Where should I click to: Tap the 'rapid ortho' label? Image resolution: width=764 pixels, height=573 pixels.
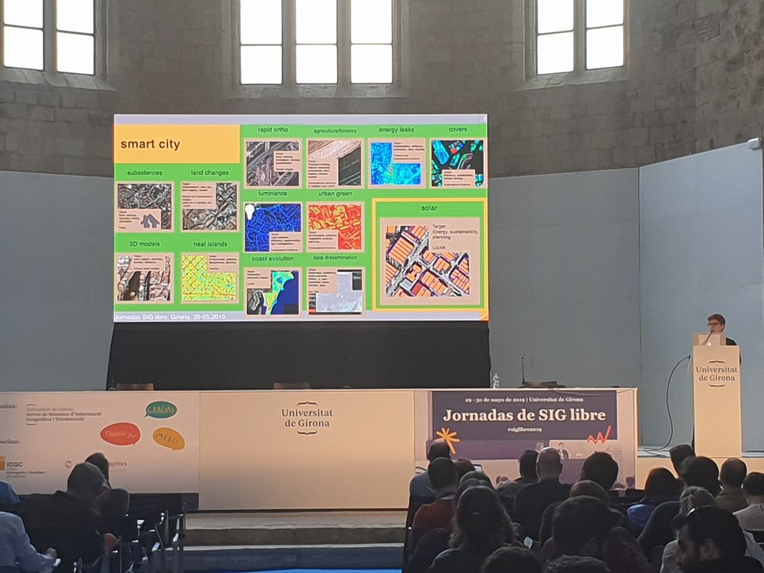click(x=273, y=130)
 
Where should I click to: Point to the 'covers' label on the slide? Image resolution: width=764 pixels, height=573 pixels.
click(x=458, y=129)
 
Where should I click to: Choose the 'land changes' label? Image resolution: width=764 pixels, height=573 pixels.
click(x=209, y=173)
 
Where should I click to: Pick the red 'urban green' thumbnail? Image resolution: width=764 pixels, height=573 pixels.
click(x=335, y=227)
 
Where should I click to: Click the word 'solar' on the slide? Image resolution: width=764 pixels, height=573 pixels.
click(x=429, y=208)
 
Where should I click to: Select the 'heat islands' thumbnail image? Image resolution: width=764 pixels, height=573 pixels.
click(x=209, y=278)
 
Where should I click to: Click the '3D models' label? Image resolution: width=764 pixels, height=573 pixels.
click(x=145, y=244)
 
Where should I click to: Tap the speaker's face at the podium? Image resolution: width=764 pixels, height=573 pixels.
click(x=716, y=323)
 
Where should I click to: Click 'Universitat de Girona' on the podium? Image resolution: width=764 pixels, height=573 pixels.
click(x=716, y=374)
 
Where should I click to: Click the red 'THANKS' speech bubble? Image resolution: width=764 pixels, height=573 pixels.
click(x=120, y=434)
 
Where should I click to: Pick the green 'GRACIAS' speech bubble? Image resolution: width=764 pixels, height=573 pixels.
click(x=160, y=409)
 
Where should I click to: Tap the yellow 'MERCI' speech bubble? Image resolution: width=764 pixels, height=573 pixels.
click(x=169, y=438)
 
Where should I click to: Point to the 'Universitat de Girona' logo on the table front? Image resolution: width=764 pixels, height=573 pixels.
click(x=307, y=418)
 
